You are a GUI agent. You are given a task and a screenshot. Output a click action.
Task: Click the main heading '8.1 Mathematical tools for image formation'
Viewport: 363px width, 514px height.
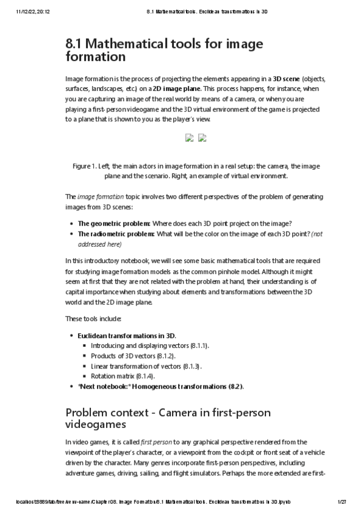pyautogui.click(x=164, y=50)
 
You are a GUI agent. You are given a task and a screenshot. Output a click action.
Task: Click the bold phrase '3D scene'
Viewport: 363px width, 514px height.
pyautogui.click(x=290, y=79)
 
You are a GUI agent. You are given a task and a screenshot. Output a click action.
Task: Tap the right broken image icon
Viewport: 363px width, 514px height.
pyautogui.click(x=202, y=137)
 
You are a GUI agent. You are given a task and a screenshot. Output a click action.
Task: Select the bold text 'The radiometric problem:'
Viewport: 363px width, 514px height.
pyautogui.click(x=116, y=234)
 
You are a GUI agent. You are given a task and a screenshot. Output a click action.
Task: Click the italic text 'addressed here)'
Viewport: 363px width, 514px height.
pyautogui.click(x=100, y=244)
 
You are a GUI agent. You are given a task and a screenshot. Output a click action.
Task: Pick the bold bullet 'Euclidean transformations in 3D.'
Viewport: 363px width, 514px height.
pyautogui.click(x=127, y=335)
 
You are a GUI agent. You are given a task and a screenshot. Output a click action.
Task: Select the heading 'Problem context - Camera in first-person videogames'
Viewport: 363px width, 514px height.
pyautogui.click(x=167, y=418)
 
